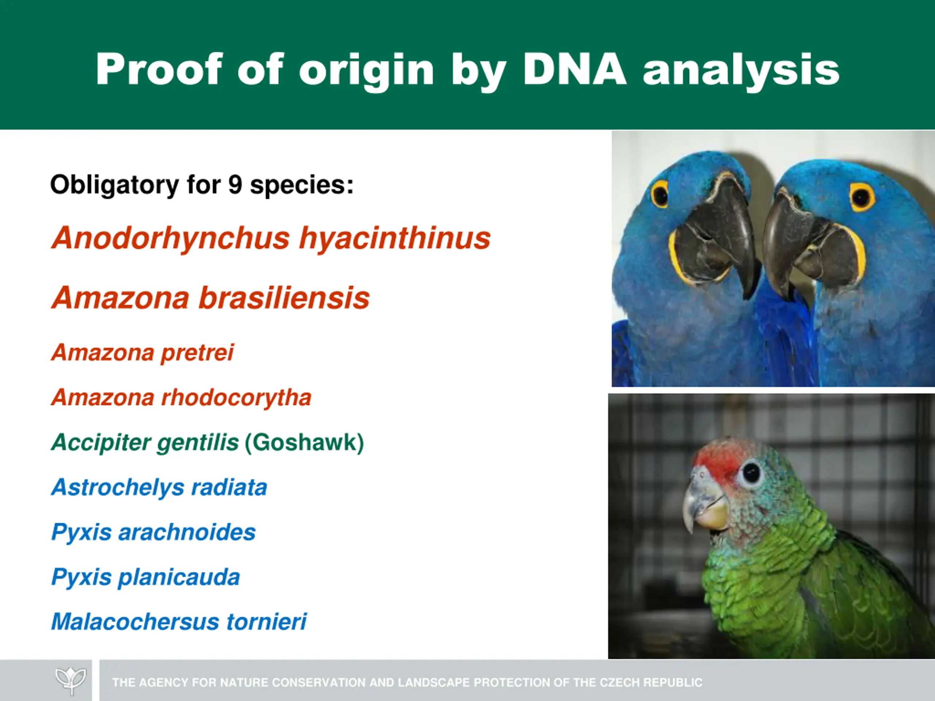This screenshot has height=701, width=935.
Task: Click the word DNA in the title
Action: click(575, 69)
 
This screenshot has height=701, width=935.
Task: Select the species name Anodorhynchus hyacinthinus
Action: click(271, 239)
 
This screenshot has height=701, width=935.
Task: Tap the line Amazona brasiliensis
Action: click(210, 298)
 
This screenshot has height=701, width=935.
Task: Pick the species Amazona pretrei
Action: click(142, 353)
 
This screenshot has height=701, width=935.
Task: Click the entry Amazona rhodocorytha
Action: click(181, 398)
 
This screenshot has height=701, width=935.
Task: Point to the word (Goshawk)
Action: click(304, 443)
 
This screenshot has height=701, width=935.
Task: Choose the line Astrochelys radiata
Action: click(159, 487)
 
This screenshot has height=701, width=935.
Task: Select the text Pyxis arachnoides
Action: click(153, 532)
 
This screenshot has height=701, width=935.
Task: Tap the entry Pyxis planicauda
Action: click(145, 577)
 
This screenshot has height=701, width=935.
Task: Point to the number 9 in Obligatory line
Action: click(235, 185)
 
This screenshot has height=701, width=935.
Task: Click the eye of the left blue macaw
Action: click(660, 194)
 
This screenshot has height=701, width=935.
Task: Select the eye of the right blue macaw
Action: click(862, 197)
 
